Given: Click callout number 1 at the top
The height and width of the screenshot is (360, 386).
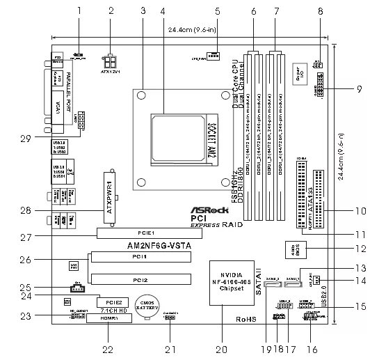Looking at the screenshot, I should [x=79, y=10].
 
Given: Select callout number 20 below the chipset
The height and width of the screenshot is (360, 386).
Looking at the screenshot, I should [x=223, y=348].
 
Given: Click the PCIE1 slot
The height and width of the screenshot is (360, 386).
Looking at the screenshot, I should [x=144, y=233].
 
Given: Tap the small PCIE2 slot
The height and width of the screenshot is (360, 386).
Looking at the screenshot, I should [x=115, y=302].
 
